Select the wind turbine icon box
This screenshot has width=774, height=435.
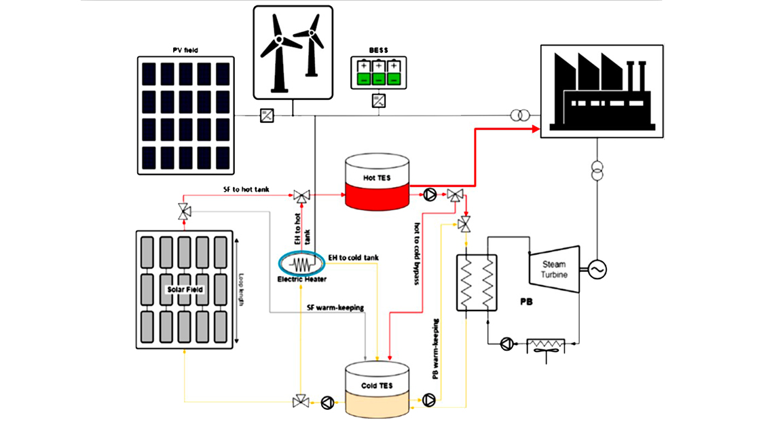293,52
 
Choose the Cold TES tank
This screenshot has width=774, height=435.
377,387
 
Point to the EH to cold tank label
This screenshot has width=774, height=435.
353,257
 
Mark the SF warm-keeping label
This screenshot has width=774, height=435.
335,307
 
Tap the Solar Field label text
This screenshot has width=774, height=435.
184,290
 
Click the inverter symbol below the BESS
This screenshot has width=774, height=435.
378,101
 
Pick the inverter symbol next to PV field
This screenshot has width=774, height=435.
267,116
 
